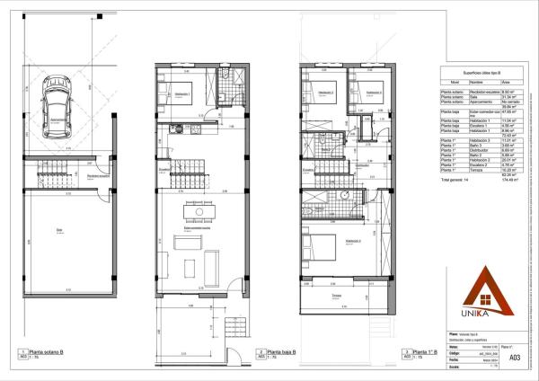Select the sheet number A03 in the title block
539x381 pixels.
[x=514, y=357]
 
